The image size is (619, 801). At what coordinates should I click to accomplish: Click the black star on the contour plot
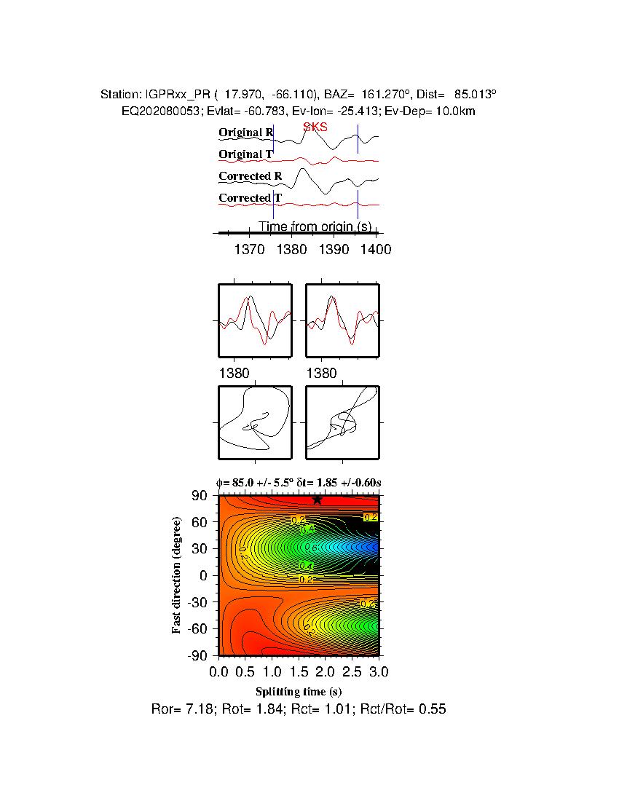point(317,499)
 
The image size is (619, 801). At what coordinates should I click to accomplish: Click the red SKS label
point(315,127)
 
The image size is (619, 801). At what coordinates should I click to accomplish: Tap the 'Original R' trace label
point(246,133)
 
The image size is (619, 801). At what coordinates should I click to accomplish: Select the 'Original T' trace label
point(246,154)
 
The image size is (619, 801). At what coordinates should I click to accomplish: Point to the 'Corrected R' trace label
point(250,176)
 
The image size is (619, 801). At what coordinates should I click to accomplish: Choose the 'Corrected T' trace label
point(250,198)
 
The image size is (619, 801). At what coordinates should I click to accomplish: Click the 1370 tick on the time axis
point(250,250)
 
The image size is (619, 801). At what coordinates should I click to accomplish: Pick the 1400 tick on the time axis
point(376,250)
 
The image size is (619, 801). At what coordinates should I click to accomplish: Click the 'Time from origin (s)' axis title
point(315,226)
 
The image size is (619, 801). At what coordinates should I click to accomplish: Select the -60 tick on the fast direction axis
point(199,628)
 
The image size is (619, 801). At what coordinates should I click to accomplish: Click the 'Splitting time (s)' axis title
point(299,691)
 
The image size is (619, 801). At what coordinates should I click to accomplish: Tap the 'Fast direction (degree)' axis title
point(177,575)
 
